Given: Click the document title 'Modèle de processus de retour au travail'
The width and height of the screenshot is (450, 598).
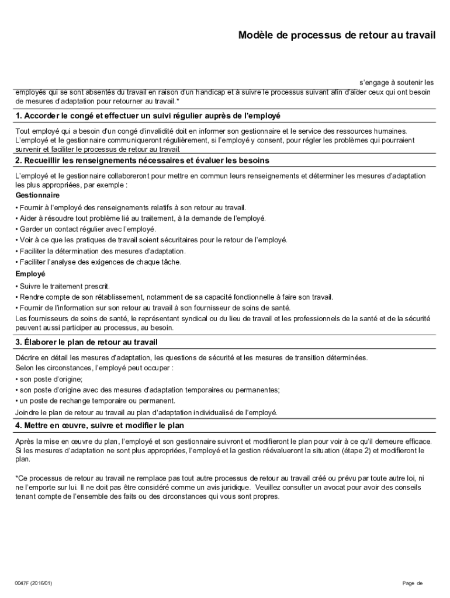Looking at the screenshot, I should tap(337, 36).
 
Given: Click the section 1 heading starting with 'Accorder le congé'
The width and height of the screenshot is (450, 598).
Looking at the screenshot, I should tap(148, 116).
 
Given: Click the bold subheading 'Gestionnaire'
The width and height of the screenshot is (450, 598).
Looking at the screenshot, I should tap(37, 195).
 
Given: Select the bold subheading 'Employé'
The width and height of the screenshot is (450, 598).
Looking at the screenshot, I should tap(30, 274).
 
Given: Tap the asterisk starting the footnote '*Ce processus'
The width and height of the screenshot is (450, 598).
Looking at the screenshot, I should tap(16, 477).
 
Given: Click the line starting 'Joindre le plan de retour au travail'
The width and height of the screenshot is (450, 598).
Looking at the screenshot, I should tap(146, 412).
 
